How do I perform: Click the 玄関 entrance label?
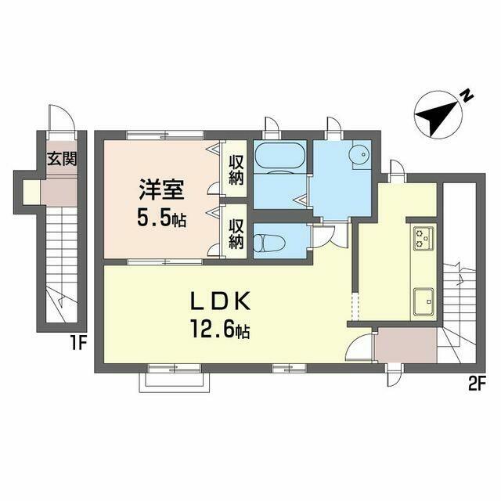point(62,159)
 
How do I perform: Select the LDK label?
point(221,301)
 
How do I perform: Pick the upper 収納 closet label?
point(236,170)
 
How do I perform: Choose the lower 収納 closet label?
point(236,234)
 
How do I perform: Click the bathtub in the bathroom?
point(280,157)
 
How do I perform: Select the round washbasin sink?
point(359,155)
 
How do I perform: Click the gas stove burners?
point(424,238)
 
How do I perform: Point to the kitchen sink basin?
point(424,301)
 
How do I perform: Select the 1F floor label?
point(78,344)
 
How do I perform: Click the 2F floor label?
point(478,382)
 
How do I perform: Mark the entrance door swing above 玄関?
point(62,117)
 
